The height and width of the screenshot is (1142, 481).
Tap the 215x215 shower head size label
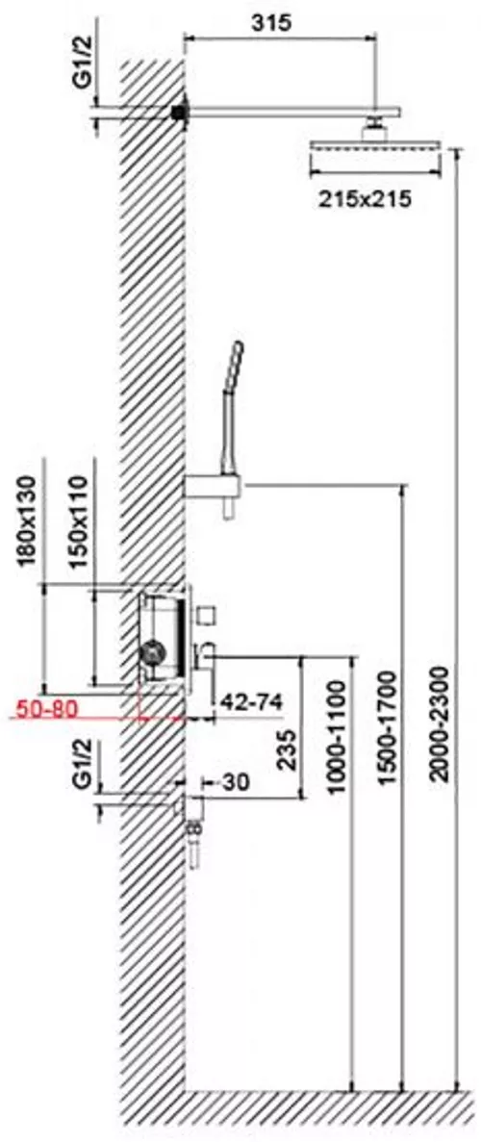tap(365, 198)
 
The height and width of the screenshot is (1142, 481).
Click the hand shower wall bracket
tap(214, 487)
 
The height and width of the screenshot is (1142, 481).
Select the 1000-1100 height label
tap(336, 736)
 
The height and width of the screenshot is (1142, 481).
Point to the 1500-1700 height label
tap(389, 727)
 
